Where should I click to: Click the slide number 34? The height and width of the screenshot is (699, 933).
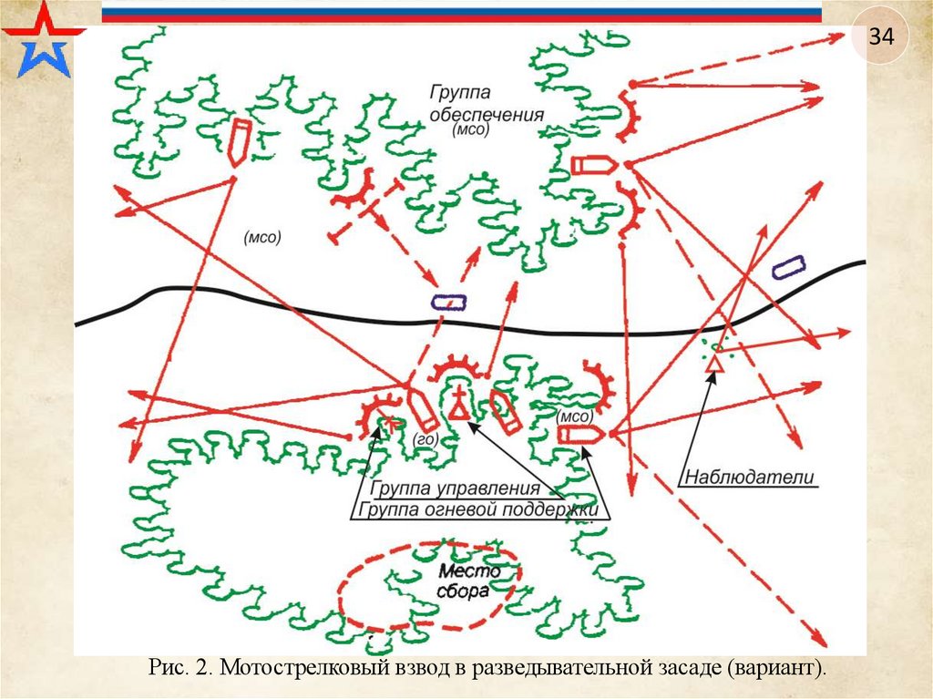pos(881,37)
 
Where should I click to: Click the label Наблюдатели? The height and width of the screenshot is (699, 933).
pos(748,476)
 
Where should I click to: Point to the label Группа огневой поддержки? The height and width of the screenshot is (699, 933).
pos(478,509)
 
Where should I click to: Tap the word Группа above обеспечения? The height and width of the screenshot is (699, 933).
pos(461,93)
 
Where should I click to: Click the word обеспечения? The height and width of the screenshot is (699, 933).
pos(487,115)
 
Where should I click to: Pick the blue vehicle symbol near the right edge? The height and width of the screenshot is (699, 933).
pos(787,266)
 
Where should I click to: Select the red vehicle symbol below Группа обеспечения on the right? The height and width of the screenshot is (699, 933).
pos(593,164)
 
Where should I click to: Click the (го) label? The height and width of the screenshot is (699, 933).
pos(425,439)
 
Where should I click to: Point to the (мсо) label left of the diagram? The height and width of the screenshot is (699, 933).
pos(262,236)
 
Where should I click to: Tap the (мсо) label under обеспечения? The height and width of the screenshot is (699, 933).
pos(471,130)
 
